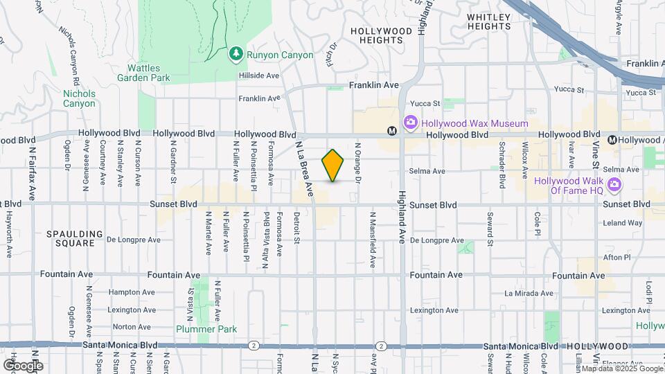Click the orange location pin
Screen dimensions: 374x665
333,166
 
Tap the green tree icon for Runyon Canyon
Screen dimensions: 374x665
236,53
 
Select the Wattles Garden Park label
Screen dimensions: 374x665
149,73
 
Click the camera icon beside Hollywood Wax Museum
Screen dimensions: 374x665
411,123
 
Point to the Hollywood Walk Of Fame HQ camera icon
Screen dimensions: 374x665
613,185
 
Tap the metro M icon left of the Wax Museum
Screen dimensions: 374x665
392,130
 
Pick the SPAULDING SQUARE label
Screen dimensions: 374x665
75,239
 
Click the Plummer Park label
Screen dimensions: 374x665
206,329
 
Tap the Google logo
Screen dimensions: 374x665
23,365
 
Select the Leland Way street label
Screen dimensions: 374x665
623,223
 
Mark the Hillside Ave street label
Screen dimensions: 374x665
258,75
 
